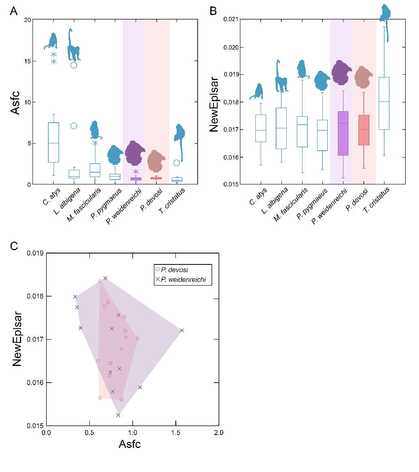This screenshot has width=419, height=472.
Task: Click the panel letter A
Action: [x=14, y=11]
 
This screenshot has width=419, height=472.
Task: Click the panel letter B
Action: [x=213, y=11]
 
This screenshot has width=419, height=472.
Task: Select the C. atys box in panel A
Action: [x=54, y=142]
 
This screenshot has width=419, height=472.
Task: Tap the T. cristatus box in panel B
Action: [x=384, y=104]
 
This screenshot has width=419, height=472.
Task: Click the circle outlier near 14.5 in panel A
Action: [x=73, y=65]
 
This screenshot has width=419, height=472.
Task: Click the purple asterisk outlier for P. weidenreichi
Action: [x=136, y=171]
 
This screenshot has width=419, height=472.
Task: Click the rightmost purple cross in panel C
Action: [x=182, y=330]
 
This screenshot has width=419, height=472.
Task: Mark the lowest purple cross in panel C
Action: [x=118, y=415]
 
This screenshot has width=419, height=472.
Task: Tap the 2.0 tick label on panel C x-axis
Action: [x=218, y=433]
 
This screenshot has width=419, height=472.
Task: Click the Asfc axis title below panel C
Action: [x=130, y=444]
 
